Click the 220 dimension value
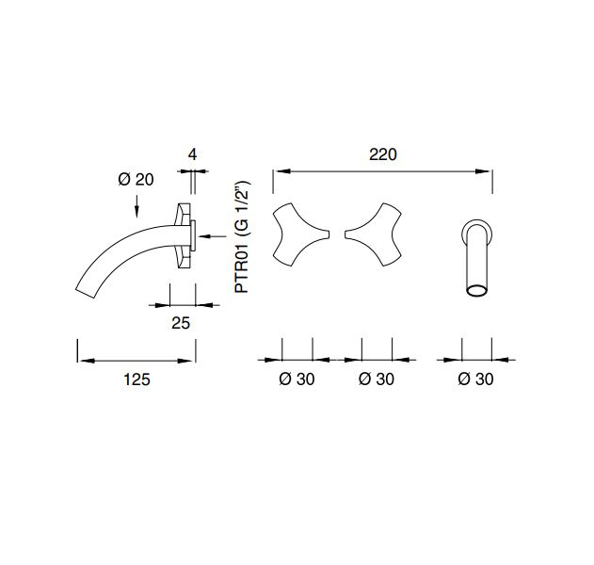tap(382, 154)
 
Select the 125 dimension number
tap(136, 379)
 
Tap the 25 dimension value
tap(181, 323)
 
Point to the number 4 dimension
tap(192, 154)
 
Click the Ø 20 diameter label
tap(136, 179)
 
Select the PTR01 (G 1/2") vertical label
tap(242, 237)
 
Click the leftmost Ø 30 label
tap(297, 379)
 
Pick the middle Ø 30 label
tap(377, 379)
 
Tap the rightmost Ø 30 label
tap(475, 379)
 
